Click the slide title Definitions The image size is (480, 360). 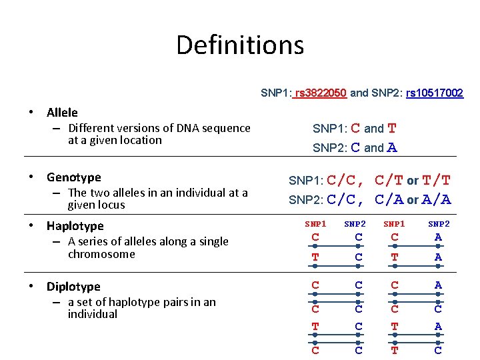240,45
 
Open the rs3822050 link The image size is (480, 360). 319,93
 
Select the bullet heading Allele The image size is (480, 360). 62,113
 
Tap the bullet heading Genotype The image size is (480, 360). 73,177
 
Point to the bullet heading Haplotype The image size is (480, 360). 75,226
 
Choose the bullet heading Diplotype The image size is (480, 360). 73,287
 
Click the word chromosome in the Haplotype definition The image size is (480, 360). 101,254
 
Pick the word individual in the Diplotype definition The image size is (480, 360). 93,314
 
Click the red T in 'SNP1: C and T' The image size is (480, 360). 392,128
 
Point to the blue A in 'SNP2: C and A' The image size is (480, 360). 392,148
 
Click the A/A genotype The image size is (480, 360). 437,199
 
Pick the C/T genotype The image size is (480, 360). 389,180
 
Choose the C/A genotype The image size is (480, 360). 389,199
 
